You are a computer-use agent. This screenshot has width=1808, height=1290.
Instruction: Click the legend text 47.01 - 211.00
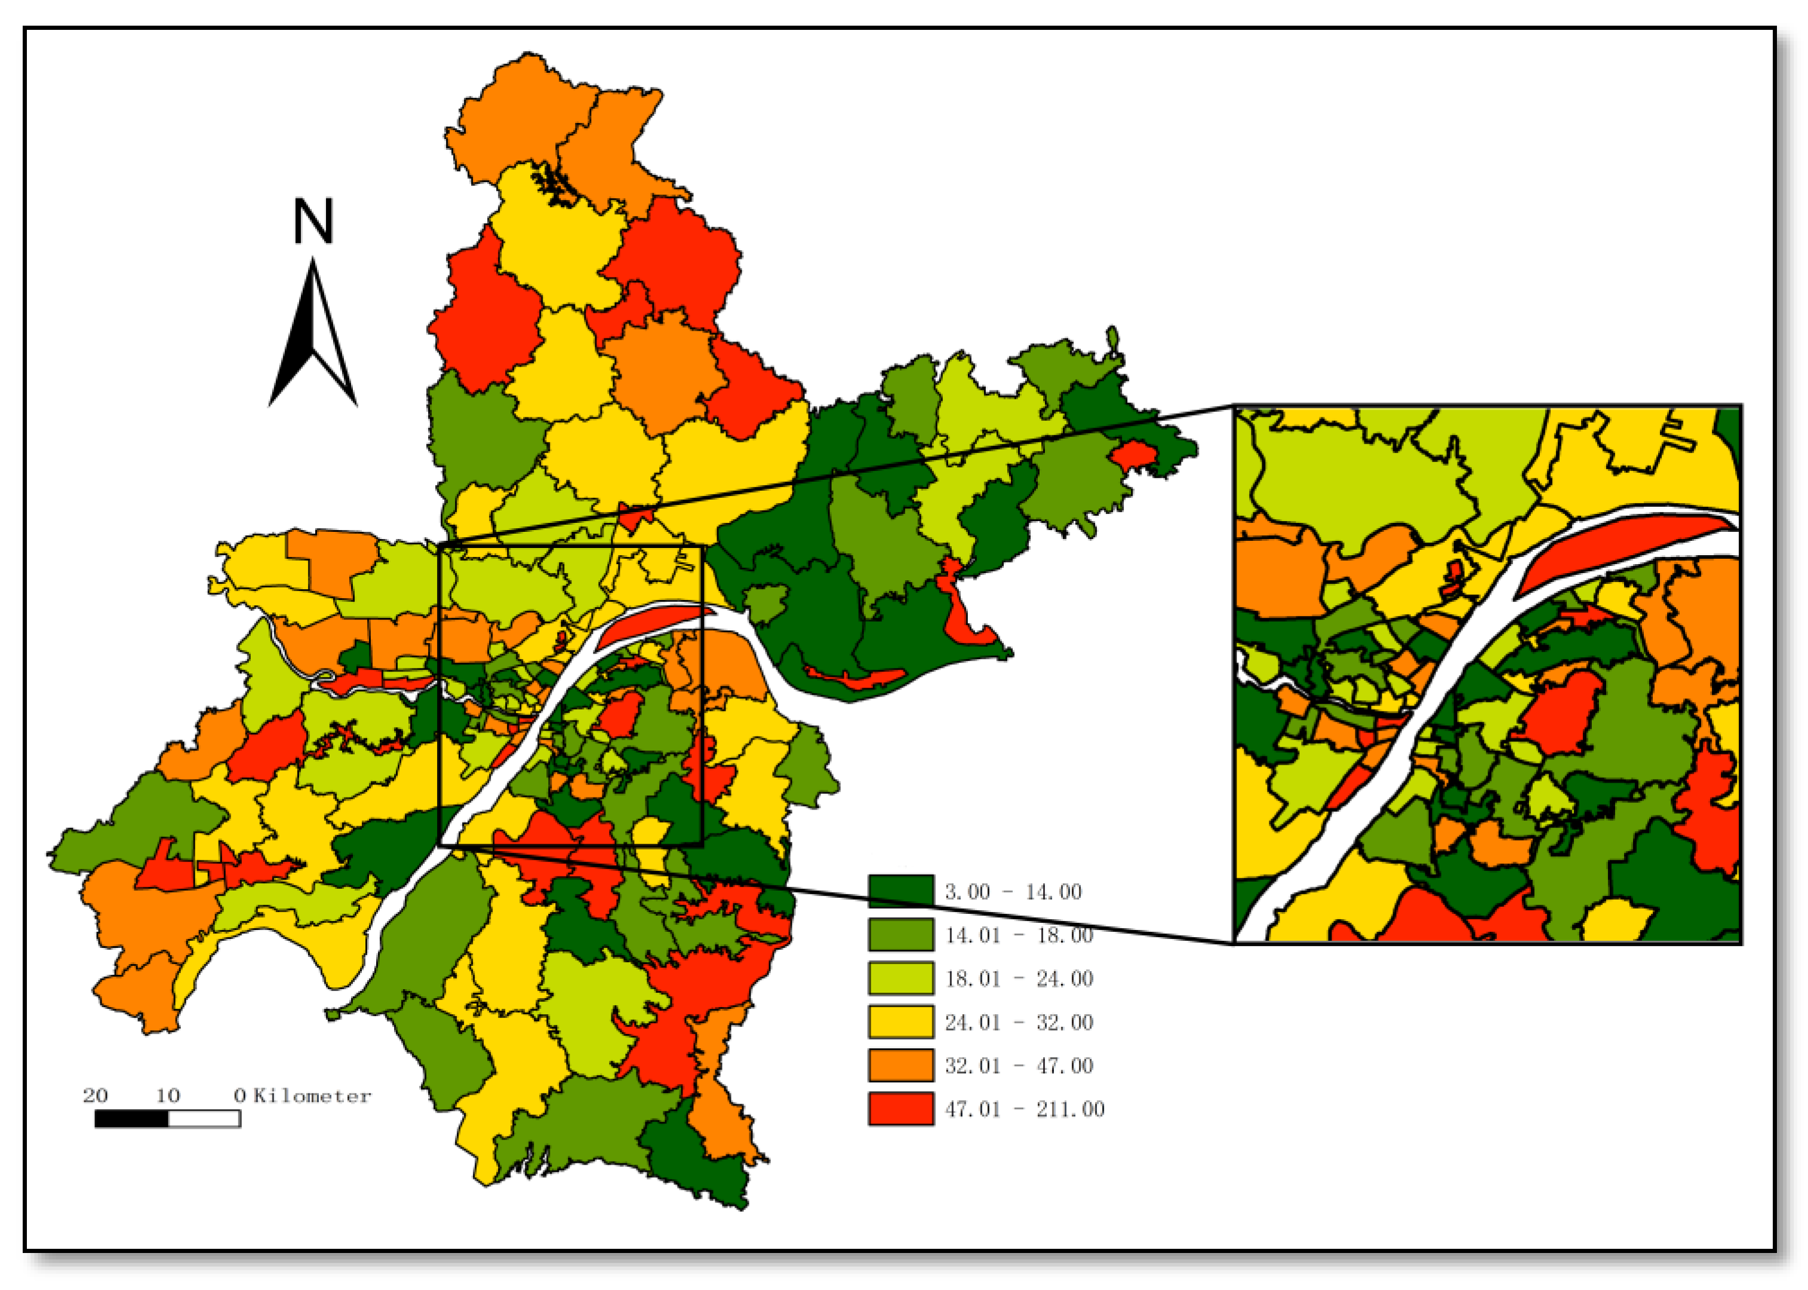pyautogui.click(x=1024, y=1110)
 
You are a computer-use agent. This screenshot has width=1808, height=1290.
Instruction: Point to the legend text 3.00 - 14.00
pyautogui.click(x=1013, y=892)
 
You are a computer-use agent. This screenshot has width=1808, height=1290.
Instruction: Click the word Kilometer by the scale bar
pyautogui.click(x=312, y=1096)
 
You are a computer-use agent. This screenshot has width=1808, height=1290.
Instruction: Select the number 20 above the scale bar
pyautogui.click(x=96, y=1096)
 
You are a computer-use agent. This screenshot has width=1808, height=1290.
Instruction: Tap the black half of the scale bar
pyautogui.click(x=132, y=1119)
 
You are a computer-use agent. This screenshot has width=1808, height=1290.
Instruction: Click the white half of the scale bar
pyautogui.click(x=204, y=1119)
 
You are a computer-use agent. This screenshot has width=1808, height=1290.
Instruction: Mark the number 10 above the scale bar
pyautogui.click(x=168, y=1096)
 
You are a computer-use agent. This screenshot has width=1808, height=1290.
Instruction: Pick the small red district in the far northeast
pyautogui.click(x=1133, y=454)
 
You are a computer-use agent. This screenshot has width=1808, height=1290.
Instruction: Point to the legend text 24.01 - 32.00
pyautogui.click(x=1019, y=1023)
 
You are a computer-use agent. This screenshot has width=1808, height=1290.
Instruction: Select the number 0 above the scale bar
pyautogui.click(x=239, y=1096)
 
